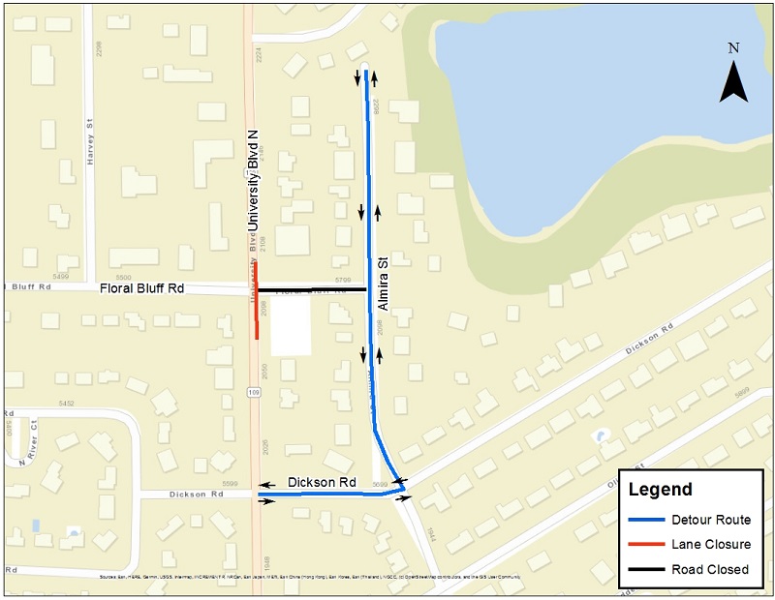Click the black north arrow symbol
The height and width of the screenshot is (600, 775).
[733, 81]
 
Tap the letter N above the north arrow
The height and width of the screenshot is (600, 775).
[733, 47]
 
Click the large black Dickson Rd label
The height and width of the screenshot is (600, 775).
[321, 482]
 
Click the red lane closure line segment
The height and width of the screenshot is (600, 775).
[257, 300]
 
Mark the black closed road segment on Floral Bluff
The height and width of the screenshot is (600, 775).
[310, 288]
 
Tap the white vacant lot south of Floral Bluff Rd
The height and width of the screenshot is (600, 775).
[291, 325]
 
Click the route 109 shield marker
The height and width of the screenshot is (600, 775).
[254, 392]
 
